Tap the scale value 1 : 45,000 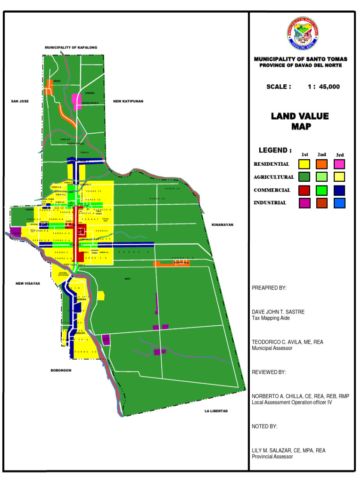(x=323, y=87)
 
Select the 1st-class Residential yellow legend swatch (x=304, y=164)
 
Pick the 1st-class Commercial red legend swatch (x=304, y=190)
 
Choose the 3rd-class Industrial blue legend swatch (x=339, y=203)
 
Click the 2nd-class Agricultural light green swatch (x=322, y=177)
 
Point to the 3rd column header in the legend (x=340, y=155)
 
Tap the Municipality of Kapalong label (x=71, y=48)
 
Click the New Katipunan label (x=128, y=101)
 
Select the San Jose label (x=20, y=101)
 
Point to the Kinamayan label (x=222, y=225)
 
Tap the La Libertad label (x=216, y=411)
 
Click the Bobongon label (x=61, y=370)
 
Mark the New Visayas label (x=28, y=283)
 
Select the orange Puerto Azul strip (x=172, y=264)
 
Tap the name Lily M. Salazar (x=288, y=450)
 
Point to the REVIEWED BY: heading (x=269, y=372)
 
